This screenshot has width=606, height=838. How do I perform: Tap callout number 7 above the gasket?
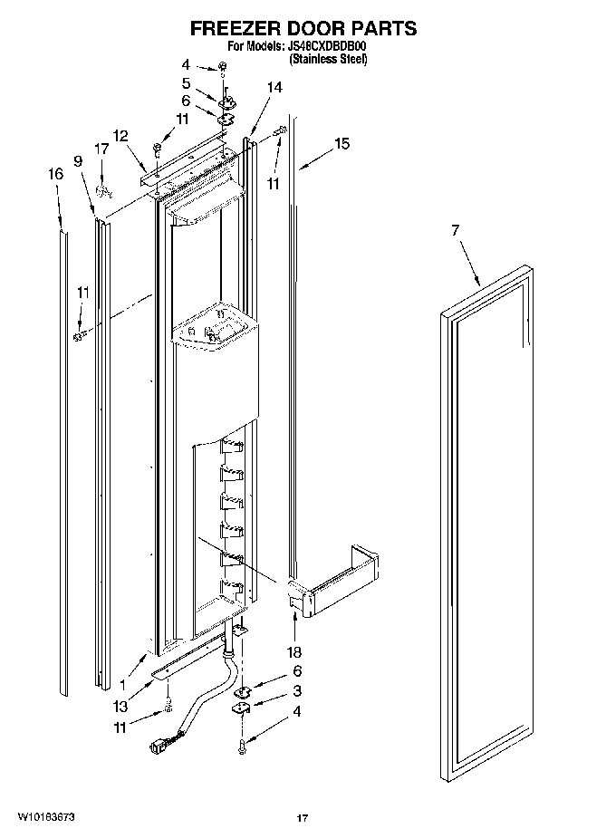456,232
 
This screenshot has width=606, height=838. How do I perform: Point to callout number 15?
341,143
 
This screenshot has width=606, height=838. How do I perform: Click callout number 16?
56,174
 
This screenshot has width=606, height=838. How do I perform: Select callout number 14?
274,87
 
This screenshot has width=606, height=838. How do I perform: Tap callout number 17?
102,169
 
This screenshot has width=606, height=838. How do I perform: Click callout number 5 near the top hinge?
186,82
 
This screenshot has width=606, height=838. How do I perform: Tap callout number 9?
78,160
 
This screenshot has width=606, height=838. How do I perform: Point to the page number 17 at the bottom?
303,818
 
